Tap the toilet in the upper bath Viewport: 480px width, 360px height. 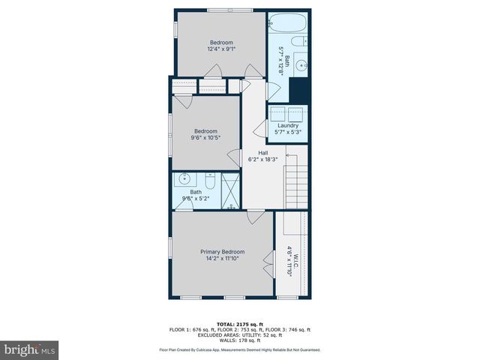tap(298, 41)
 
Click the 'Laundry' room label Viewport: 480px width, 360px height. tap(288, 125)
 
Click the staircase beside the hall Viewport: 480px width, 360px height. tap(295, 180)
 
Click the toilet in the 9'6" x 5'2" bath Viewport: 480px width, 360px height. tap(211, 181)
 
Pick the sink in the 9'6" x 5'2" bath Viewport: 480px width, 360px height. tap(184, 180)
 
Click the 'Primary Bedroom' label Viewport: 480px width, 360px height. tap(222, 252)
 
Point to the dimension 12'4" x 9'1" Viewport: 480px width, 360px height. tap(221, 49)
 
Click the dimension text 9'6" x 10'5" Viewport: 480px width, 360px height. tap(205, 137)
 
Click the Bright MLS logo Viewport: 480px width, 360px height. tap(30, 349)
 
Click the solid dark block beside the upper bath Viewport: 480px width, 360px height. tap(299, 91)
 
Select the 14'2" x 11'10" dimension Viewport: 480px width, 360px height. tap(222, 259)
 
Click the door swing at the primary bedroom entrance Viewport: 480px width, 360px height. tap(255, 217)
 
